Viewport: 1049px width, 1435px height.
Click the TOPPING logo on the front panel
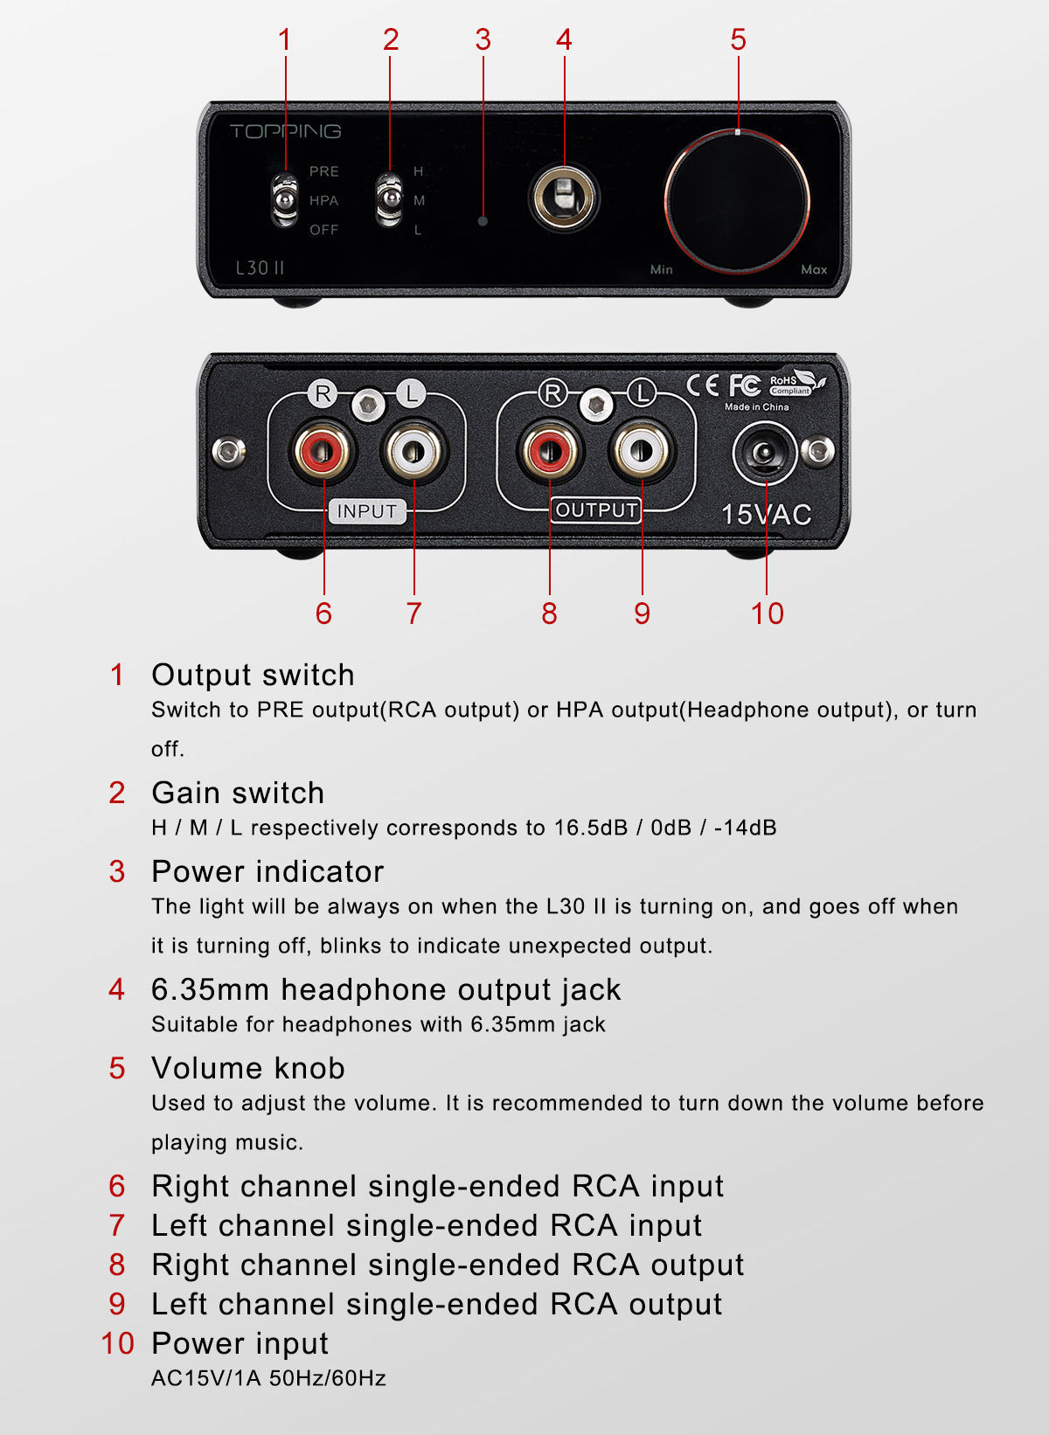coord(285,131)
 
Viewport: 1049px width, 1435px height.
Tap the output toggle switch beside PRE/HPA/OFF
coord(285,200)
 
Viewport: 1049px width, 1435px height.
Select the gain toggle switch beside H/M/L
coord(389,200)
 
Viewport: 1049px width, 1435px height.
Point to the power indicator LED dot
coord(483,221)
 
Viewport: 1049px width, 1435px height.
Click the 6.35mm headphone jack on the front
coord(564,197)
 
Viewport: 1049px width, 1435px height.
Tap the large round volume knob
coord(738,201)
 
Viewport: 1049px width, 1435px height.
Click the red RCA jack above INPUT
coord(323,450)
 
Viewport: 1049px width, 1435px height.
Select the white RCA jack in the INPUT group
coord(414,450)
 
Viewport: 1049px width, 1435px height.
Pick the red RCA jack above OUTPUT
coord(550,451)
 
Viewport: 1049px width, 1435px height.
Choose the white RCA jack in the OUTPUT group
coord(642,451)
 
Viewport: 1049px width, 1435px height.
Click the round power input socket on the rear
coord(765,454)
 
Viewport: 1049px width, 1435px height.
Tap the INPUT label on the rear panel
coord(367,511)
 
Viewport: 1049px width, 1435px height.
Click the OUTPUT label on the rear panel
coord(596,510)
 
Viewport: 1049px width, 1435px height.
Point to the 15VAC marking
coord(767,515)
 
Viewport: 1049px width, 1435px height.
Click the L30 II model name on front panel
coord(260,267)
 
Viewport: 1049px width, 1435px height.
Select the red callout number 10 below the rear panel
coord(767,614)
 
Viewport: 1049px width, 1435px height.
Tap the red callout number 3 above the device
coord(483,39)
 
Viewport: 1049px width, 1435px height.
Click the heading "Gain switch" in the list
coord(238,793)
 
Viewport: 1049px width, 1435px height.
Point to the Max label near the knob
coord(814,270)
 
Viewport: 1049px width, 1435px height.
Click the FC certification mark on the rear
coord(745,385)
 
